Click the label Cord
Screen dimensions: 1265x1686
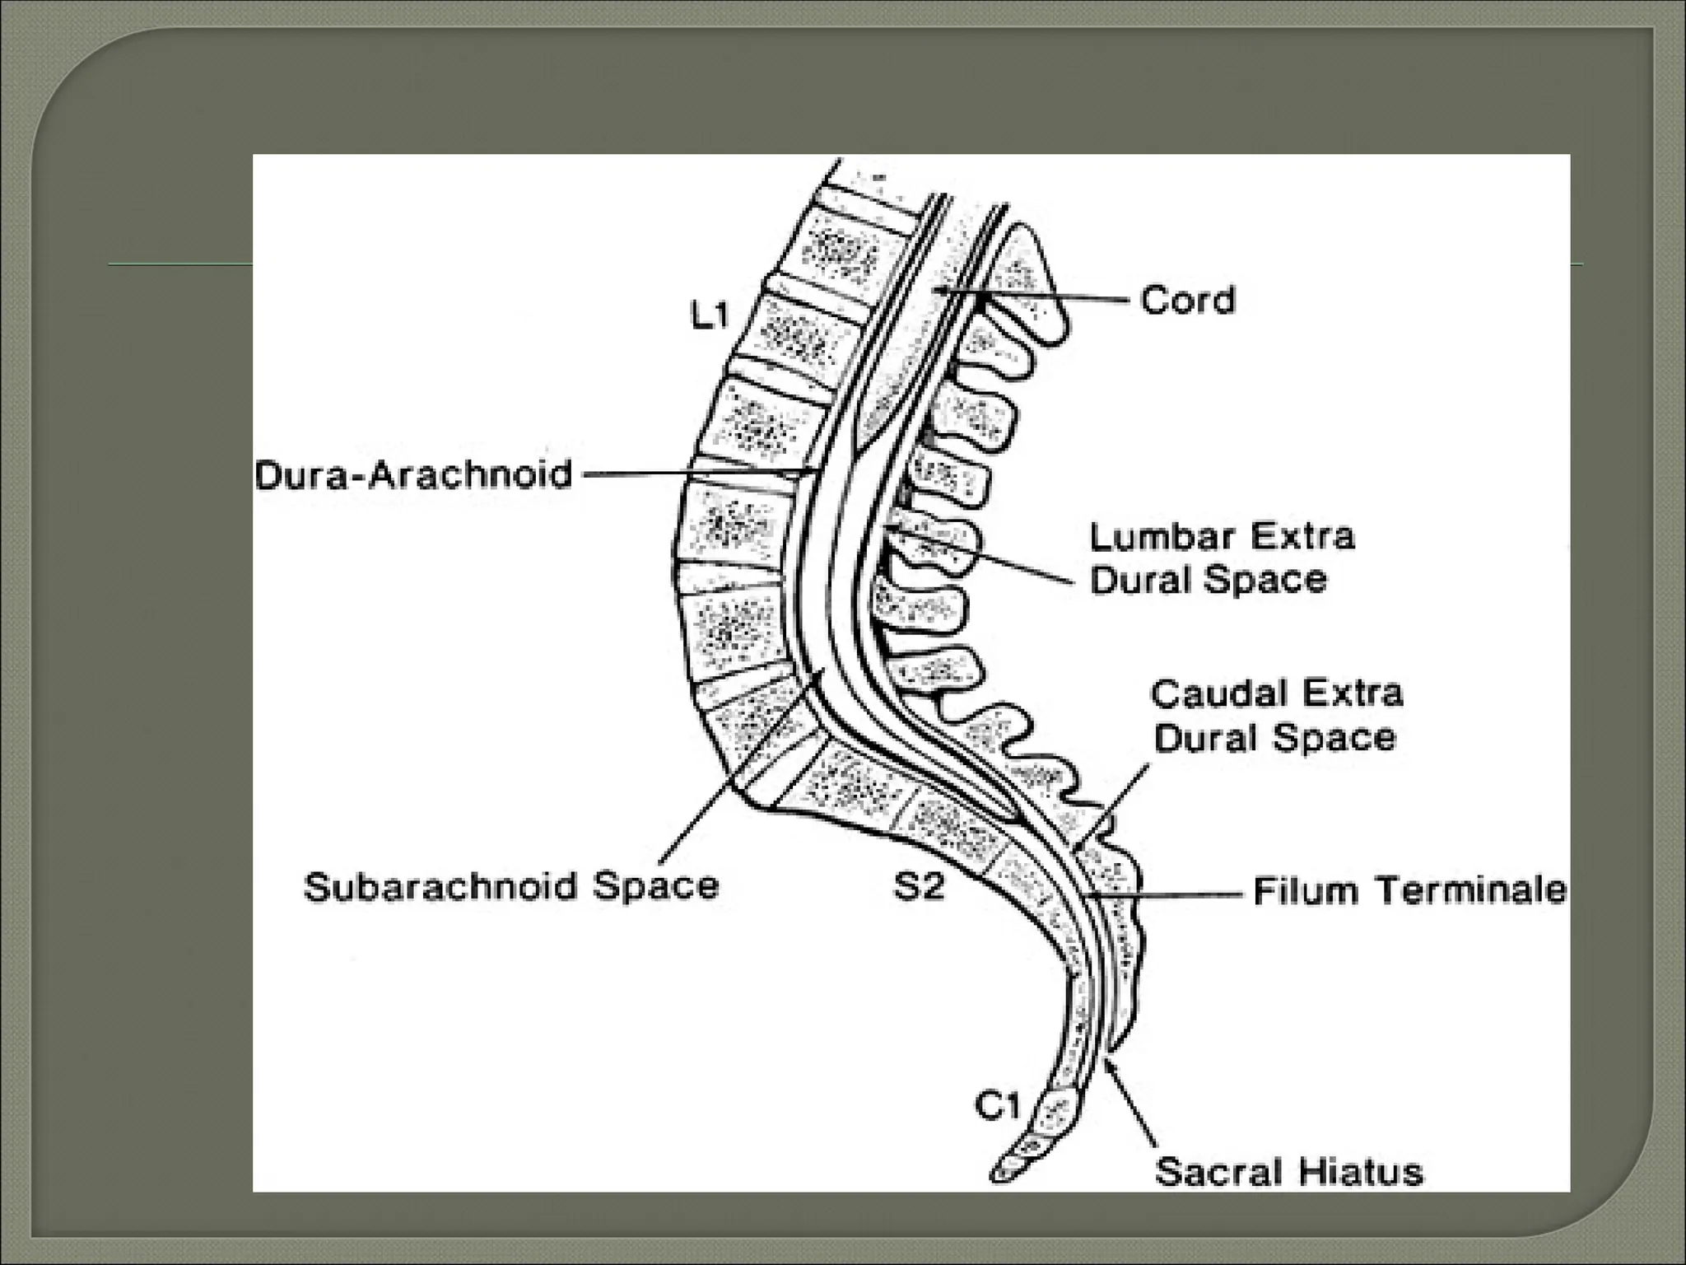click(x=1188, y=300)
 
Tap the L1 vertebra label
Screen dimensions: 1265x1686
click(x=710, y=315)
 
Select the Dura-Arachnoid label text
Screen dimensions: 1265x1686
click(x=413, y=475)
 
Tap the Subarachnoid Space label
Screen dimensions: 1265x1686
click(x=511, y=886)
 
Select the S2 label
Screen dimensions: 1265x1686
click(x=919, y=888)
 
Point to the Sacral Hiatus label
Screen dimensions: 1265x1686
click(x=1288, y=1171)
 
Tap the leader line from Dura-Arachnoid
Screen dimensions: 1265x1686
click(x=692, y=474)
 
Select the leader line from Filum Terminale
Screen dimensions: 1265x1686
click(x=1169, y=893)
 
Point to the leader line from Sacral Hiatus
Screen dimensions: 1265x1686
click(x=1133, y=1104)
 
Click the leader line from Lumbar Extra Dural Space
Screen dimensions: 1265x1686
click(x=988, y=556)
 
